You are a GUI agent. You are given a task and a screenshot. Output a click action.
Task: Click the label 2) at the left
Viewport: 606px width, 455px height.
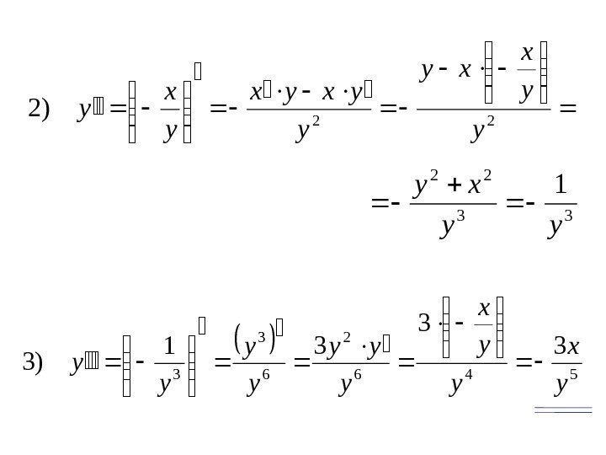pos(40,110)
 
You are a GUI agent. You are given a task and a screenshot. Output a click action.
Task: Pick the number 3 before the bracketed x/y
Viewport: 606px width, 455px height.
pos(423,324)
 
